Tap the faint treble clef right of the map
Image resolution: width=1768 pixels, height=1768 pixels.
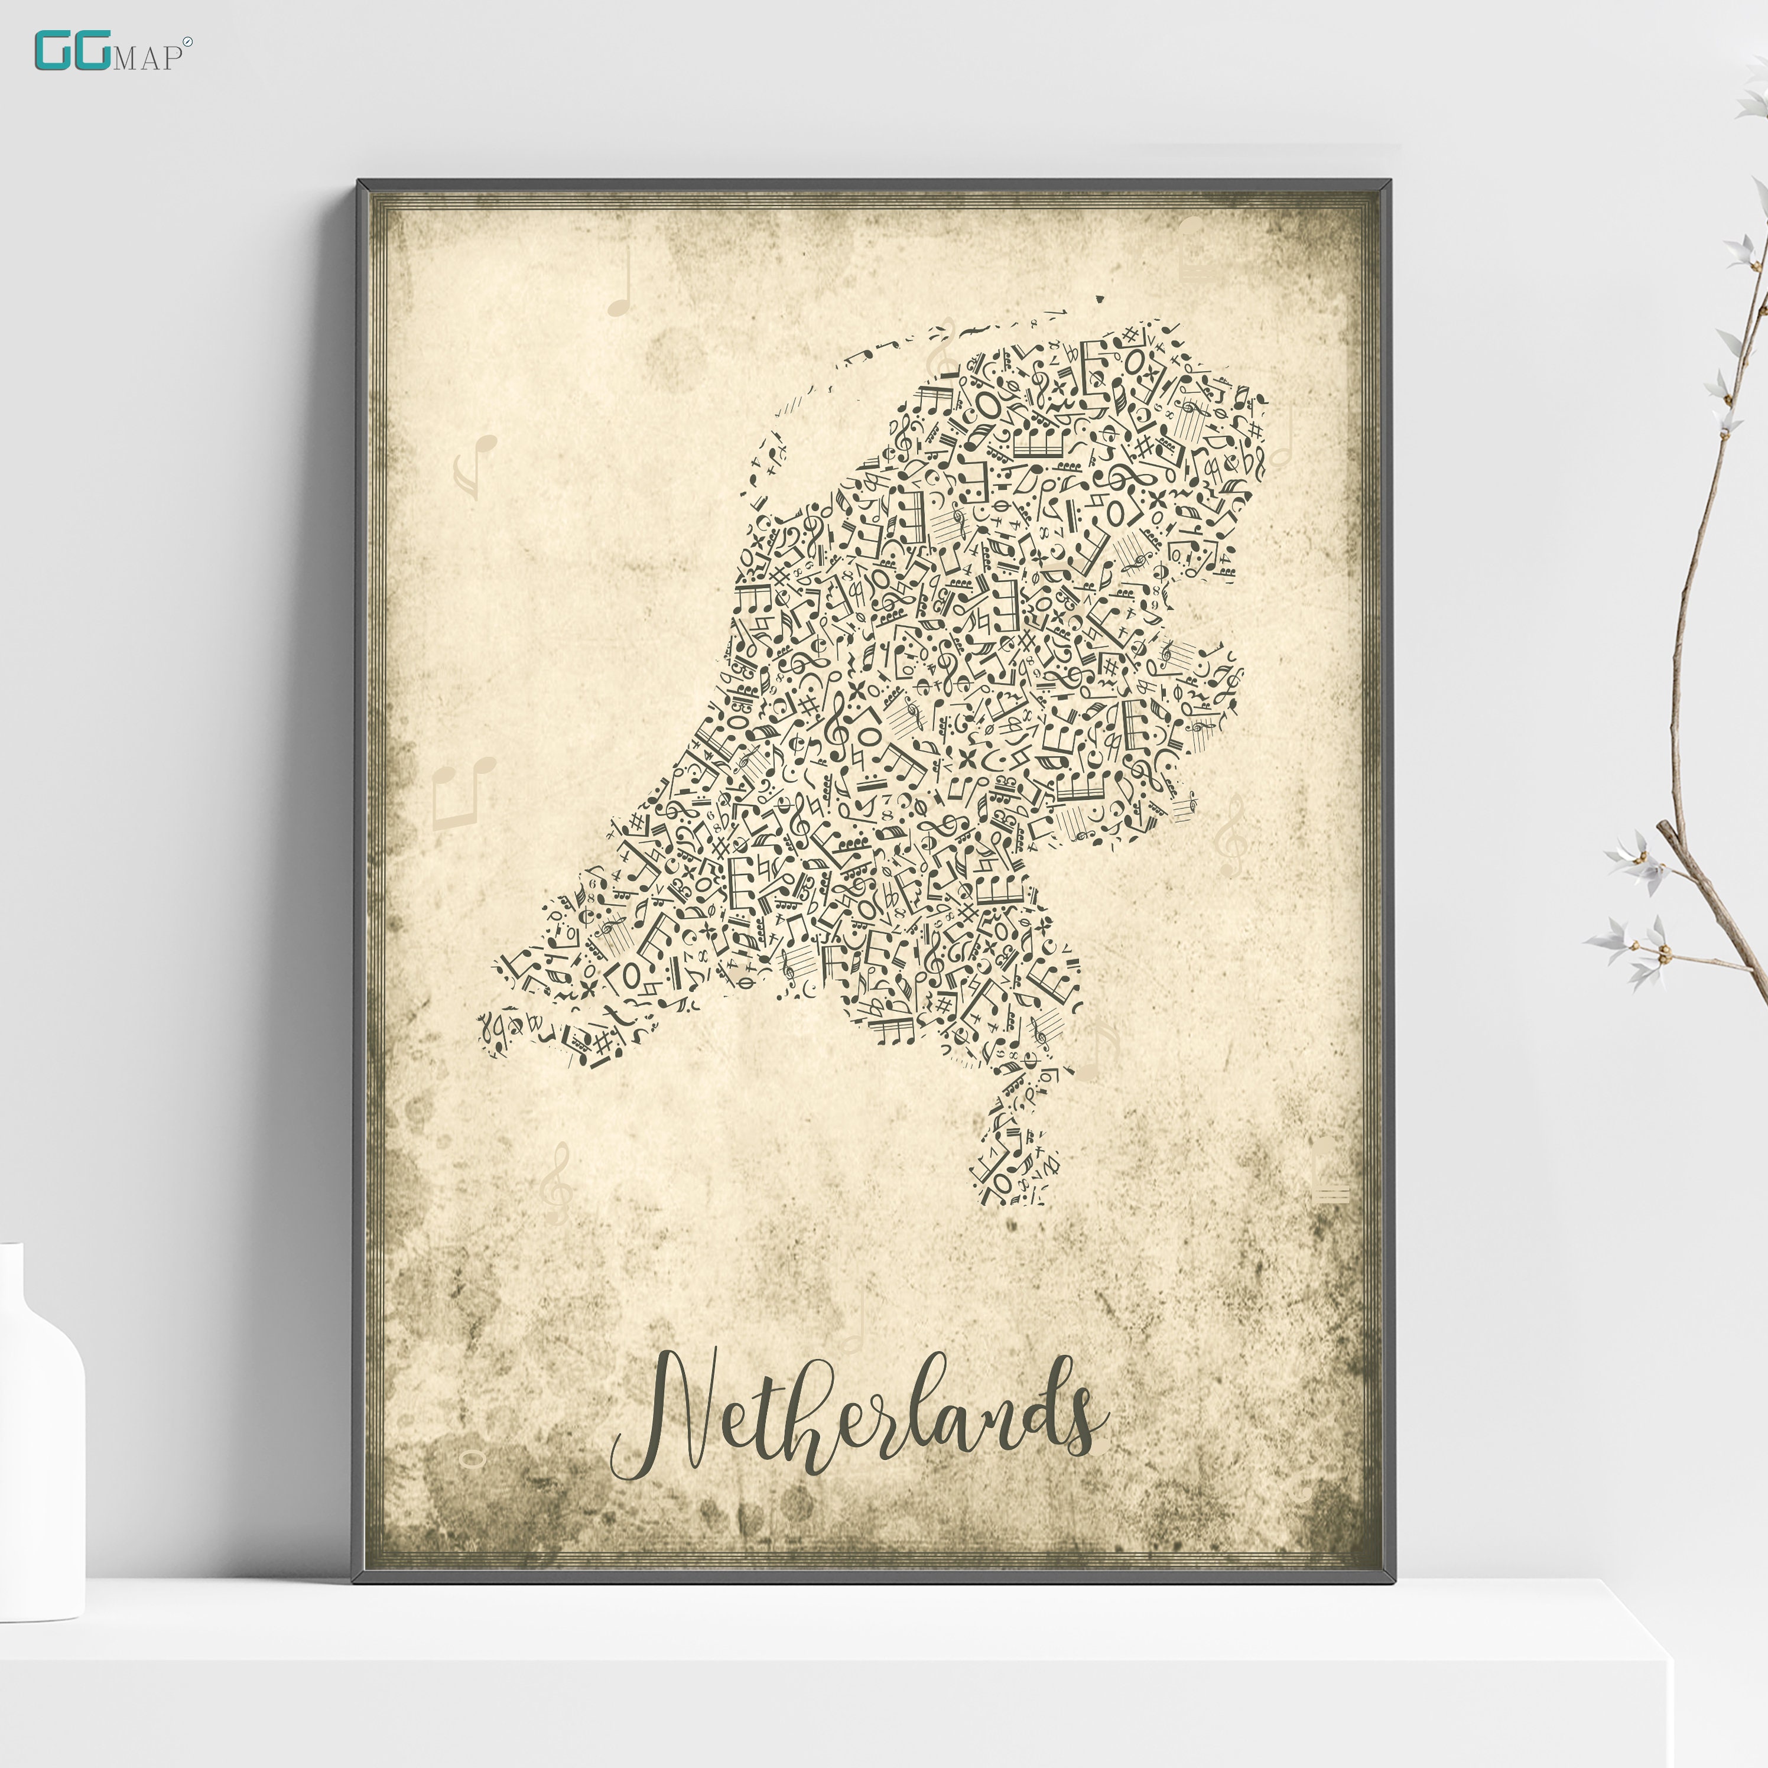(1231, 833)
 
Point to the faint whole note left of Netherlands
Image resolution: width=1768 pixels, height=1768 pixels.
(472, 1457)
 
